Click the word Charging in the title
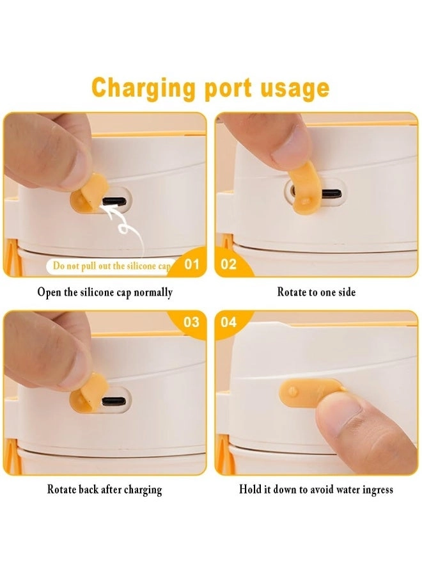click(143, 88)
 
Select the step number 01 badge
click(192, 264)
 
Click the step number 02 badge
click(228, 264)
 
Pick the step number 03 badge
click(191, 322)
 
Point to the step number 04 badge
click(228, 322)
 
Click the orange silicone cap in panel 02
click(304, 188)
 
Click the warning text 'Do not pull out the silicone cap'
click(112, 266)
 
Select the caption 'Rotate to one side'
click(316, 292)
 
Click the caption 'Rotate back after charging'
click(105, 490)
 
